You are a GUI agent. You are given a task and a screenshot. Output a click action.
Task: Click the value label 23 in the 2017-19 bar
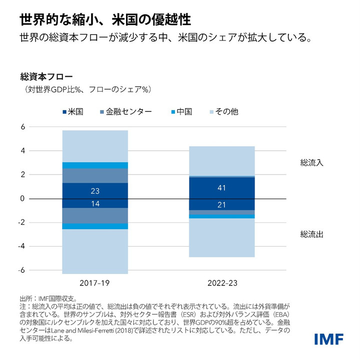click(x=95, y=191)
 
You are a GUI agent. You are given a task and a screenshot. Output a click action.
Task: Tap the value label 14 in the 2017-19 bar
click(x=95, y=203)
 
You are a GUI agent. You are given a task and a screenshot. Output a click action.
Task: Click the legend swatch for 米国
click(x=64, y=111)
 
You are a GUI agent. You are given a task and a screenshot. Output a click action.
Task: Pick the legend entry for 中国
click(x=184, y=111)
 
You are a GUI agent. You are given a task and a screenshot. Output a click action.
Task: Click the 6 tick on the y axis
click(x=22, y=127)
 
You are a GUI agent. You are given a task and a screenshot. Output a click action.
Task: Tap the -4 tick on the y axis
click(x=21, y=246)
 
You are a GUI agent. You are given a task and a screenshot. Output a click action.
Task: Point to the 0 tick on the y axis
click(x=22, y=198)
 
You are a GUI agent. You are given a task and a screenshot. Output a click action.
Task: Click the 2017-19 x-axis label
click(x=94, y=283)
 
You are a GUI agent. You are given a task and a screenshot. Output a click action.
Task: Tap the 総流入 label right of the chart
click(x=311, y=162)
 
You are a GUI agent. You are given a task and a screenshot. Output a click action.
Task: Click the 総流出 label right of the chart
click(x=311, y=234)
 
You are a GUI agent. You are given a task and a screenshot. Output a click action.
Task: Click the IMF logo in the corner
click(x=328, y=339)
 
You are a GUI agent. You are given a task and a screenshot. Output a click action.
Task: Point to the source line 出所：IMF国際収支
click(x=48, y=298)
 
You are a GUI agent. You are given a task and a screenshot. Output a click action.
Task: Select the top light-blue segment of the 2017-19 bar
click(x=95, y=146)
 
